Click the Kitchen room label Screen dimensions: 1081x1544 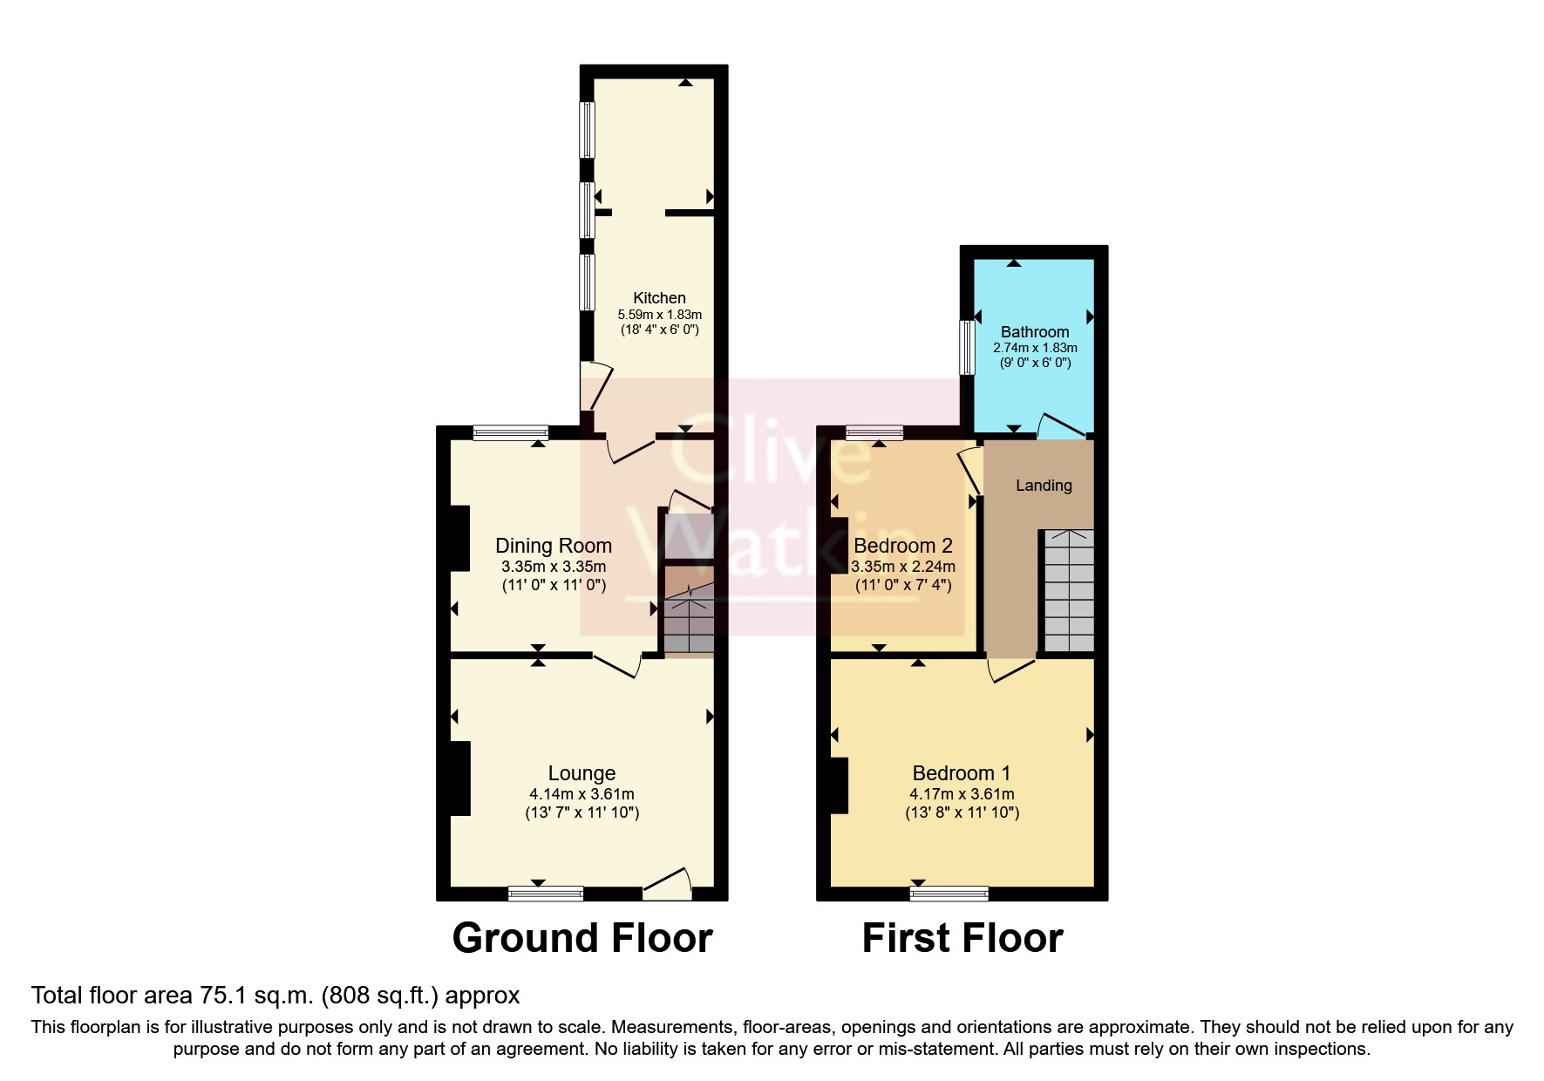[x=659, y=298]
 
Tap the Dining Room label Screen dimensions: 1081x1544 [x=554, y=546]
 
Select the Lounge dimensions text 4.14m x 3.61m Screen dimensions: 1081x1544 [x=582, y=794]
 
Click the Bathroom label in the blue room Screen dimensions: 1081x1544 [x=1035, y=331]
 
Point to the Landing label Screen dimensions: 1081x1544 [x=1044, y=486]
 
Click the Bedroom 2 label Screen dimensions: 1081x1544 [x=902, y=546]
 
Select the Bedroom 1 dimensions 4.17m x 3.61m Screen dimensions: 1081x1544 [x=962, y=794]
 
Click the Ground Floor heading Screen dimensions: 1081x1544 [x=582, y=939]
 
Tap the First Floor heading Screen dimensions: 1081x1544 [x=962, y=939]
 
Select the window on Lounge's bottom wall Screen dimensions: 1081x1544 [x=546, y=893]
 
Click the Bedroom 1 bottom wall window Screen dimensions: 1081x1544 [x=949, y=893]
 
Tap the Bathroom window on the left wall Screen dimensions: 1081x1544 [x=967, y=348]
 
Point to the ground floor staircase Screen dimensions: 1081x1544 [x=689, y=621]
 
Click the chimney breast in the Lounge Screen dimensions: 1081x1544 [x=459, y=778]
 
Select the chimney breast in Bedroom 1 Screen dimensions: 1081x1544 [x=840, y=785]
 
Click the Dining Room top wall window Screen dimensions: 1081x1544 [x=511, y=432]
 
